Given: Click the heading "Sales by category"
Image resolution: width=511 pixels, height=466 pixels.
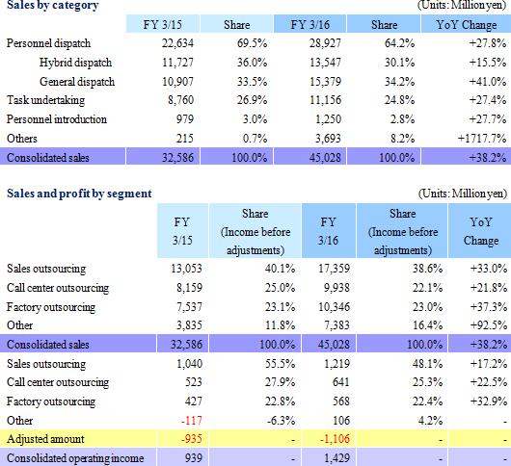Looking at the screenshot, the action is (52, 6).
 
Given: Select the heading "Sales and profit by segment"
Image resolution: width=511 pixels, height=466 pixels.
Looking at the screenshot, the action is (79, 194).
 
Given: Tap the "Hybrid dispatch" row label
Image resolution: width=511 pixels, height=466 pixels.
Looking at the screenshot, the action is (75, 63).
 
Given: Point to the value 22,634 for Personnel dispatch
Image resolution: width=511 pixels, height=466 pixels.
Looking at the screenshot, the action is (177, 43).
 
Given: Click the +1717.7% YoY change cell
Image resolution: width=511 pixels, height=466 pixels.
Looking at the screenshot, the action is (482, 139).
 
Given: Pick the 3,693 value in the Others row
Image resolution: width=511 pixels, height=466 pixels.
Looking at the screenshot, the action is (328, 139).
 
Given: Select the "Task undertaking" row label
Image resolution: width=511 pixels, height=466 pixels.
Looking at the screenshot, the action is (45, 100).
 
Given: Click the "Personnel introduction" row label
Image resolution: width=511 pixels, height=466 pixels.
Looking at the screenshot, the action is (57, 119).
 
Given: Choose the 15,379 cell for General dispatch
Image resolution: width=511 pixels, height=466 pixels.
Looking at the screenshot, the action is (325, 81).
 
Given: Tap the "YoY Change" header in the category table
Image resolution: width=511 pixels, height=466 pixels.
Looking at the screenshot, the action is (467, 25).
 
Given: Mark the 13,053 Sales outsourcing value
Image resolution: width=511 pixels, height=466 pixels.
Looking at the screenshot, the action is (186, 269).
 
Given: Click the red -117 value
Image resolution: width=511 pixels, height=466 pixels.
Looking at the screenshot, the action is (192, 421).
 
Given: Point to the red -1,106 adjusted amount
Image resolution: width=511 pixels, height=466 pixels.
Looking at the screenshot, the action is (335, 439).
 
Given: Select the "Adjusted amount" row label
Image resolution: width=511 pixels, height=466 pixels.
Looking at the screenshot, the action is (45, 439).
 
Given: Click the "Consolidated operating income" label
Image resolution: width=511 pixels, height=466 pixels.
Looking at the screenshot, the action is (75, 458).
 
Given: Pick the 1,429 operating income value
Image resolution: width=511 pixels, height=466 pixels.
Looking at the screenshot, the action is (336, 458).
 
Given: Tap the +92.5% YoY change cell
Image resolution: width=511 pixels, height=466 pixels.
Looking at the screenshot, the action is (489, 325).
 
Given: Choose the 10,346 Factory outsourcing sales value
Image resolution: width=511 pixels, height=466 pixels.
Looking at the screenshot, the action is (334, 307).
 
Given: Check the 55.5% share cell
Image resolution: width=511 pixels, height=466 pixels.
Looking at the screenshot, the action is (280, 364).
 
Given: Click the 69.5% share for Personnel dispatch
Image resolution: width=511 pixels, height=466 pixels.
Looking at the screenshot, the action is (252, 43).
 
